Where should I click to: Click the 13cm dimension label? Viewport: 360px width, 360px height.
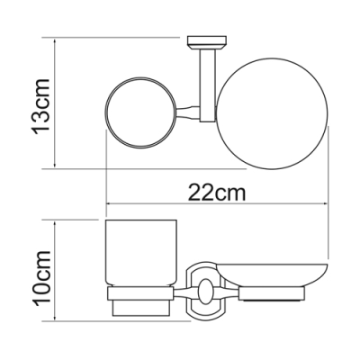pos(40,105)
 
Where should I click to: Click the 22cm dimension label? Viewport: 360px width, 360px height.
pos(217,193)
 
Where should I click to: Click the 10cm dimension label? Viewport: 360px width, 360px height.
pos(41,278)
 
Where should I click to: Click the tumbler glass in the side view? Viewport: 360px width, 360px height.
pos(140,254)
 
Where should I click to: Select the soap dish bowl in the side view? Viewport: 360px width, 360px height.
pos(272,275)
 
